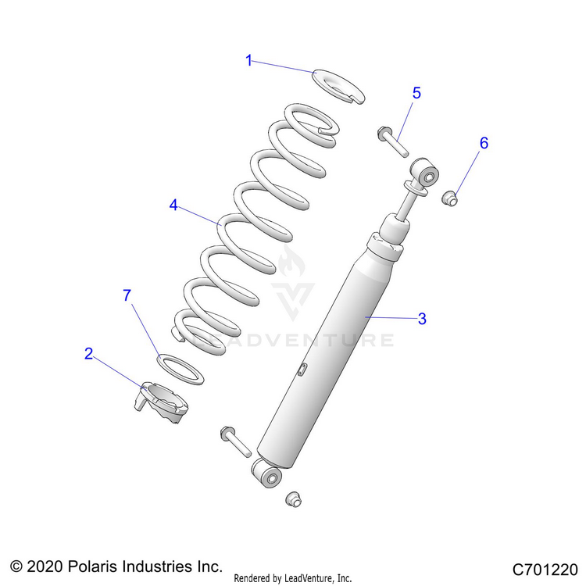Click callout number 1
pos(249,60)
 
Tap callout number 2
pos(89,354)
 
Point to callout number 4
pos(173,205)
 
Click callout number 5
pos(416,93)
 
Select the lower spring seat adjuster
pos(163,400)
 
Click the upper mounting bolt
pos(393,141)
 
